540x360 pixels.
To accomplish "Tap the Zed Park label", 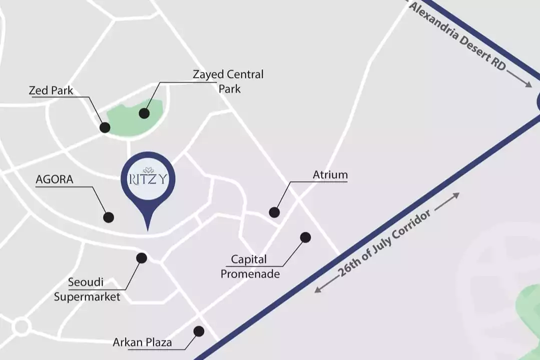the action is (x=51, y=90).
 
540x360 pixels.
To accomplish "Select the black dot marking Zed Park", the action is (x=105, y=127).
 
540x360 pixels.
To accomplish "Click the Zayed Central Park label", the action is (x=228, y=81).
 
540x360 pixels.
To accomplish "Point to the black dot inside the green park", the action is (x=144, y=113).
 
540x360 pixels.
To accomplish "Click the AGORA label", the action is (x=55, y=179).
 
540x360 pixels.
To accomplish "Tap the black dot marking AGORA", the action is (x=108, y=217).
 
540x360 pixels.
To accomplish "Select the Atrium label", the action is (x=330, y=175).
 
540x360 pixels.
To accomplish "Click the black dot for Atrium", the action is (x=274, y=212).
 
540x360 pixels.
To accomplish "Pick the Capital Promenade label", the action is (x=249, y=266).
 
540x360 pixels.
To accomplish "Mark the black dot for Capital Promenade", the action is (x=305, y=237).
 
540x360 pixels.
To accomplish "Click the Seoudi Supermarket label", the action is (x=87, y=289).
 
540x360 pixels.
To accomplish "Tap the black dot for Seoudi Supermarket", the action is (x=142, y=258).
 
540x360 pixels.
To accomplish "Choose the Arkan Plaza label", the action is (x=142, y=342).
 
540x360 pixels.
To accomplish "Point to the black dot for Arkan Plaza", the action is (x=199, y=331).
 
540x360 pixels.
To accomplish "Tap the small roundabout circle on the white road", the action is (x=21, y=327).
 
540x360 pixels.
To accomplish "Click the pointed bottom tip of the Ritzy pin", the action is (x=148, y=229).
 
